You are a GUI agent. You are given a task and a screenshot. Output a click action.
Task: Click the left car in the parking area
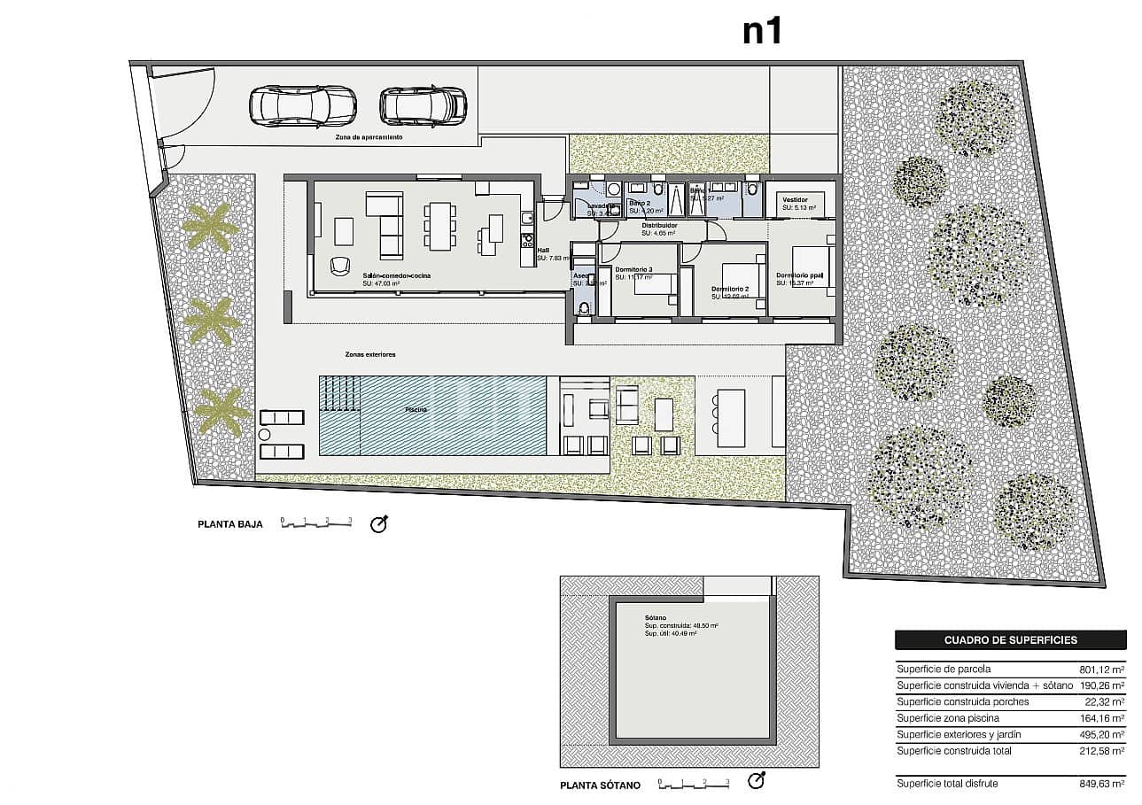point(303,106)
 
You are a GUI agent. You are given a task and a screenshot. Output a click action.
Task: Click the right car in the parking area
point(423,106)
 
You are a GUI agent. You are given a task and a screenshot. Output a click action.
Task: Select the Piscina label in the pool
point(416,410)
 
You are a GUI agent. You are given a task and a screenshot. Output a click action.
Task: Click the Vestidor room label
point(795,200)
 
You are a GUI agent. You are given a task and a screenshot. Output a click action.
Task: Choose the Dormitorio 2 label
point(730,290)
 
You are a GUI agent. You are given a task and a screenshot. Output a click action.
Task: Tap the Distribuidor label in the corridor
point(659,226)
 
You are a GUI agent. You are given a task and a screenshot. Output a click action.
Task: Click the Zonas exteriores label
point(370,354)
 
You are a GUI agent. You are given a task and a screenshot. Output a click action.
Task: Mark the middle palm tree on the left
point(212,321)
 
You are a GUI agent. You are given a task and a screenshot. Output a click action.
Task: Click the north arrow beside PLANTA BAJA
point(379,524)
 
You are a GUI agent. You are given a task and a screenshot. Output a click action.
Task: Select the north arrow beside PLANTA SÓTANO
point(756,781)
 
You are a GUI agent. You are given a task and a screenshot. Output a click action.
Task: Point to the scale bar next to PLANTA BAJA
point(316,523)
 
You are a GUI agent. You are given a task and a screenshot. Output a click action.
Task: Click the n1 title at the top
point(762,31)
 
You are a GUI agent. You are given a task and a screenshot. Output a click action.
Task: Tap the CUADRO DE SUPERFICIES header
point(1010,640)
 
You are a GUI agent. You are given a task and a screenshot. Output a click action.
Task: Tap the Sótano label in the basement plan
point(656,618)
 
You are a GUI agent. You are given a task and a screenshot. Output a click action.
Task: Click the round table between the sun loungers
point(263,435)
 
